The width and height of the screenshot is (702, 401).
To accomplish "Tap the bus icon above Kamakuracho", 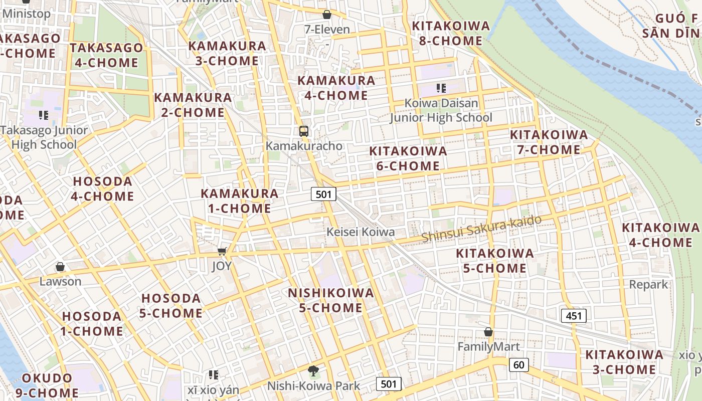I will (x=303, y=131).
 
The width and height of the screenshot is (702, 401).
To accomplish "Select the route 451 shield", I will (x=573, y=315).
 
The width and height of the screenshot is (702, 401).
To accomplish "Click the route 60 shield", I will (x=518, y=364).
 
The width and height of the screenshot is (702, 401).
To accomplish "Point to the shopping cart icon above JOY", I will (x=222, y=251).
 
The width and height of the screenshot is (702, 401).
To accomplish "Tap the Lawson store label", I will (x=60, y=281).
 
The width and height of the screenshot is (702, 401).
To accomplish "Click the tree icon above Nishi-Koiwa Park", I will (x=313, y=371).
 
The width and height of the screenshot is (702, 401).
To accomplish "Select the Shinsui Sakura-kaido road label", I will (x=481, y=229).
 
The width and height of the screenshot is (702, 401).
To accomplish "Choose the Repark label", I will (x=649, y=285).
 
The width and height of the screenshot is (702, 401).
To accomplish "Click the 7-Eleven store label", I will (x=327, y=30).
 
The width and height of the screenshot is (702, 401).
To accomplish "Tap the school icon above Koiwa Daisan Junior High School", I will (x=441, y=89).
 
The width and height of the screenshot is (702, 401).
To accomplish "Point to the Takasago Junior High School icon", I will (x=44, y=115).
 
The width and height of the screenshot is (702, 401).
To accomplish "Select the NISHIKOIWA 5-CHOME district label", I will (x=331, y=300).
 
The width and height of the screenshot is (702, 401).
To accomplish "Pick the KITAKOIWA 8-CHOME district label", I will (x=450, y=34).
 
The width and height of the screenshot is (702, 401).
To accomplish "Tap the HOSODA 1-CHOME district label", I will (x=92, y=324).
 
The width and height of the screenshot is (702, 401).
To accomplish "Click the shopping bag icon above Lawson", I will (x=60, y=267).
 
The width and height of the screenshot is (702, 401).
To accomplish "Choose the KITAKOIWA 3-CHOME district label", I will (x=624, y=362).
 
